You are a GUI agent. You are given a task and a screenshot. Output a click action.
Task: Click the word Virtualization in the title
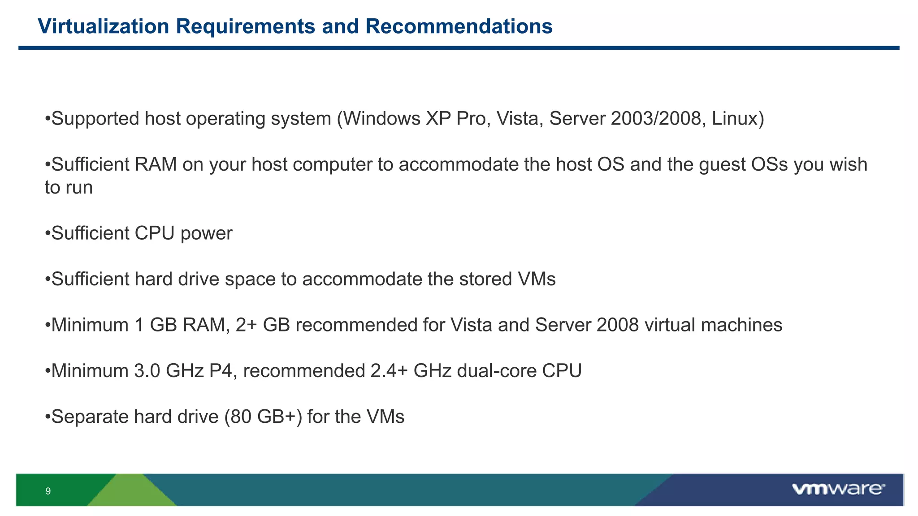(104, 26)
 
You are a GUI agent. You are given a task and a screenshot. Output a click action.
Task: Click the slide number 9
(48, 491)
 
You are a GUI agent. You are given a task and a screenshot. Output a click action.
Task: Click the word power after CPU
(206, 234)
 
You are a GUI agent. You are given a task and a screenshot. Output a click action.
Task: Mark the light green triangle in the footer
(132, 493)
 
